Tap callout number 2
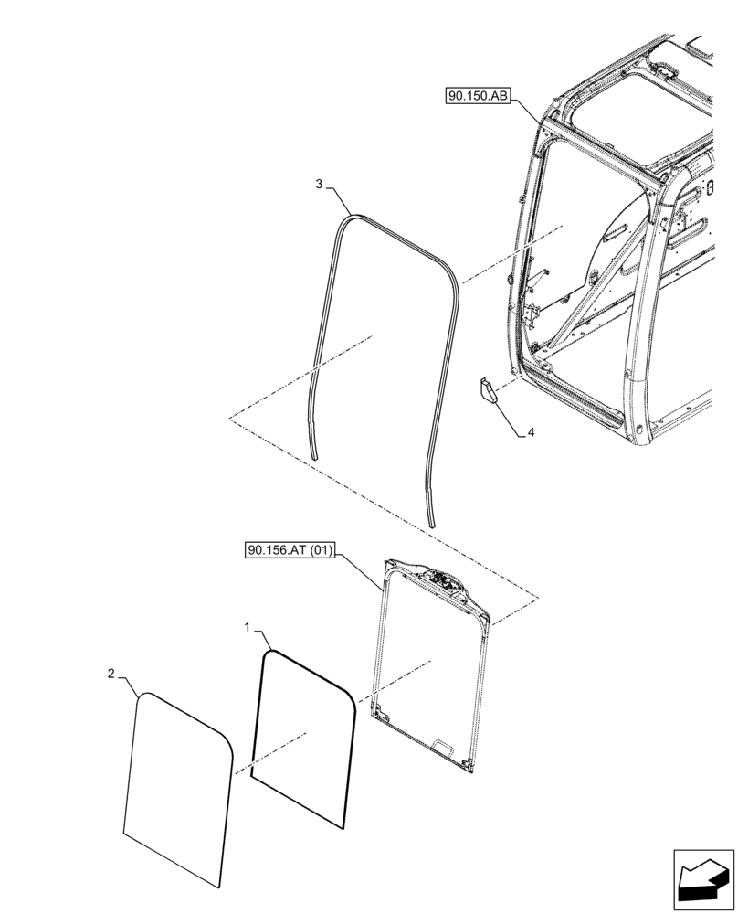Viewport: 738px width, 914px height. [111, 674]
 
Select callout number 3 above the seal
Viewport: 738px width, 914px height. [319, 184]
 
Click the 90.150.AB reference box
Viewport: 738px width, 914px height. [479, 94]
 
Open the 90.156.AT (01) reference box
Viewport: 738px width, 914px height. [291, 550]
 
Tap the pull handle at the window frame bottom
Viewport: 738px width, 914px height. [445, 747]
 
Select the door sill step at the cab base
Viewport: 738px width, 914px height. [585, 407]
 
